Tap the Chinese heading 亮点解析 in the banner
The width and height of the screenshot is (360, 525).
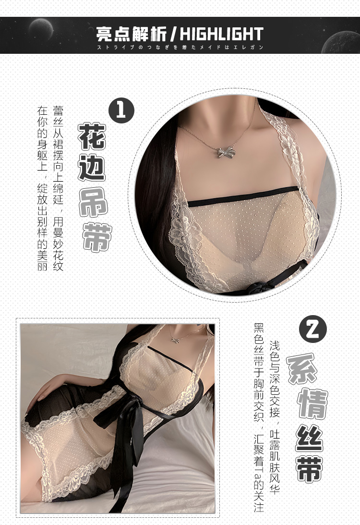pyautogui.click(x=132, y=34)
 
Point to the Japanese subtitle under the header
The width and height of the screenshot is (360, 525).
pyautogui.click(x=180, y=48)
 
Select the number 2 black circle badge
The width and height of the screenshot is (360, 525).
pyautogui.click(x=312, y=329)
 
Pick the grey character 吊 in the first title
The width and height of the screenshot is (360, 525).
pyautogui.click(x=95, y=202)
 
